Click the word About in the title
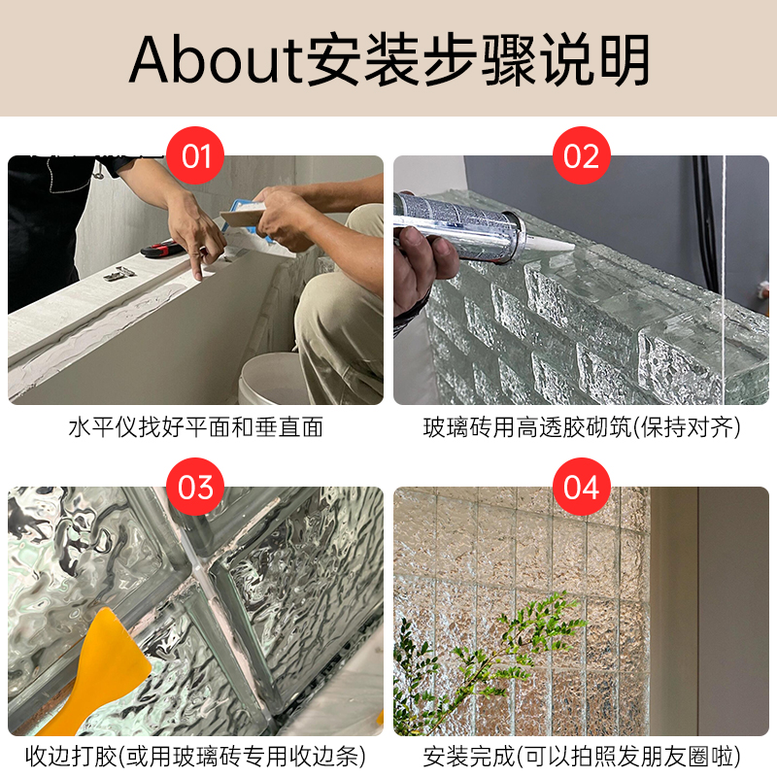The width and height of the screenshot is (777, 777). click(216, 60)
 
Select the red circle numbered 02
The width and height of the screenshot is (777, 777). click(581, 155)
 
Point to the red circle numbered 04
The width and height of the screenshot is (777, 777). click(581, 487)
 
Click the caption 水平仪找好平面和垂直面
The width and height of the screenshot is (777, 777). click(195, 427)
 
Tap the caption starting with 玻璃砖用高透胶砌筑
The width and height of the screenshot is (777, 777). click(581, 427)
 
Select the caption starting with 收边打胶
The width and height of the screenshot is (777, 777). click(195, 756)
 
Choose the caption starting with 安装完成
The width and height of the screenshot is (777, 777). click(581, 756)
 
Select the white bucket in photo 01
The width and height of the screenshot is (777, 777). click(267, 379)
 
